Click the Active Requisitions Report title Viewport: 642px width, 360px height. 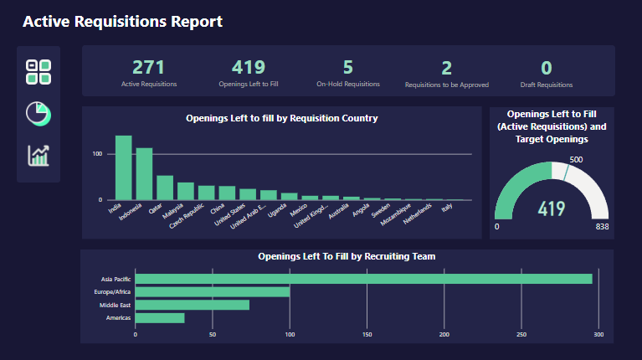122,22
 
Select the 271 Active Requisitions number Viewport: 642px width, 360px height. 148,68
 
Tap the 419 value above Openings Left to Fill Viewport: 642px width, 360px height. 249,68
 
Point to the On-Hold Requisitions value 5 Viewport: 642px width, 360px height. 347,68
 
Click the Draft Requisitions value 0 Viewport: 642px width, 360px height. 547,68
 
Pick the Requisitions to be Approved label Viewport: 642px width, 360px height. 446,85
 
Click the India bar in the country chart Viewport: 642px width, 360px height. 123,167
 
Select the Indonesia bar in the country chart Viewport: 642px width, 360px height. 144,174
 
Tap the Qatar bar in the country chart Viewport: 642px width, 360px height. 165,188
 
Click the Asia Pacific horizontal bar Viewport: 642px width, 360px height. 363,279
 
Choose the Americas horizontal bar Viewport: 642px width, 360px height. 159,318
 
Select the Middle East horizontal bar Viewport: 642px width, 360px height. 192,305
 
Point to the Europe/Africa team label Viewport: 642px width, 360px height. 112,291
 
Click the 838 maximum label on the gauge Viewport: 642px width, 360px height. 602,227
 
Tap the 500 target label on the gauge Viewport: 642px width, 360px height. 576,159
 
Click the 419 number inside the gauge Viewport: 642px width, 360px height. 552,208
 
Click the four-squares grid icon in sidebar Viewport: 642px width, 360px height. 39,72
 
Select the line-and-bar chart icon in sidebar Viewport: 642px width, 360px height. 39,155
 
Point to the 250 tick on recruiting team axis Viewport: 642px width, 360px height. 521,334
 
